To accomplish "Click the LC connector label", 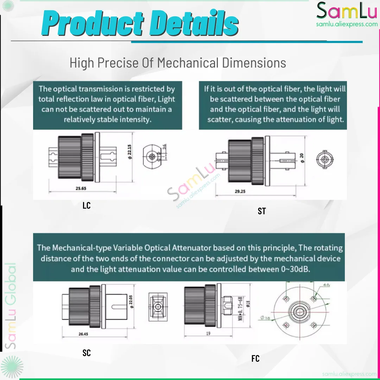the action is [87, 205].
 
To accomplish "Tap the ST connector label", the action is [262, 211].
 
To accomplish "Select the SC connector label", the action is [87, 353].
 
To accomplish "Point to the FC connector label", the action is [255, 359].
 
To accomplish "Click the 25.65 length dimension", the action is [81, 188].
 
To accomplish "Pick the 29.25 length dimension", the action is [240, 191].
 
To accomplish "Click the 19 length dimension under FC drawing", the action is [208, 333].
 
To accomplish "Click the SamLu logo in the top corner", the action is [347, 13].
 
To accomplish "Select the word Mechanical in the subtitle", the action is [188, 63].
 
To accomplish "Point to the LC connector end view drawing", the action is [152, 156].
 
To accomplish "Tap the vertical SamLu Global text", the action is [12, 306].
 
